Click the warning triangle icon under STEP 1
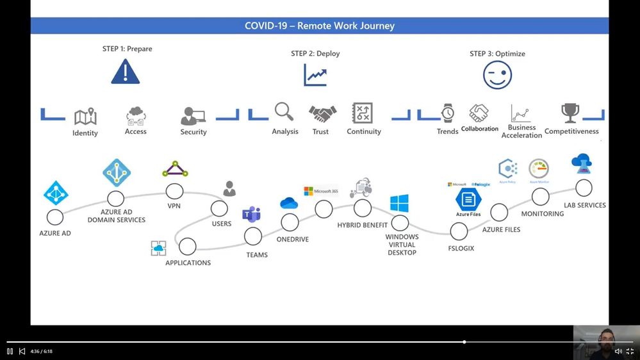click(125, 72)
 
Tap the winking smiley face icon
click(497, 76)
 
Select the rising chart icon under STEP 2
click(315, 75)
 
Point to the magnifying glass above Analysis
click(284, 111)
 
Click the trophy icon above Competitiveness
click(570, 113)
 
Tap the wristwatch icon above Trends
click(448, 113)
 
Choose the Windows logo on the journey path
click(399, 204)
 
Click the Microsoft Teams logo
click(251, 214)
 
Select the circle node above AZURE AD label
click(55, 217)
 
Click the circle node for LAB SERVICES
click(584, 188)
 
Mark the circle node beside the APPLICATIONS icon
click(188, 246)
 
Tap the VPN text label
click(174, 206)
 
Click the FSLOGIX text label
click(461, 248)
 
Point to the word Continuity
click(364, 132)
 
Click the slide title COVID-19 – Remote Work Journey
click(320, 26)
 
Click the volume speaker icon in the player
click(618, 351)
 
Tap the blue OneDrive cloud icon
click(289, 204)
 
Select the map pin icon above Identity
click(85, 117)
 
